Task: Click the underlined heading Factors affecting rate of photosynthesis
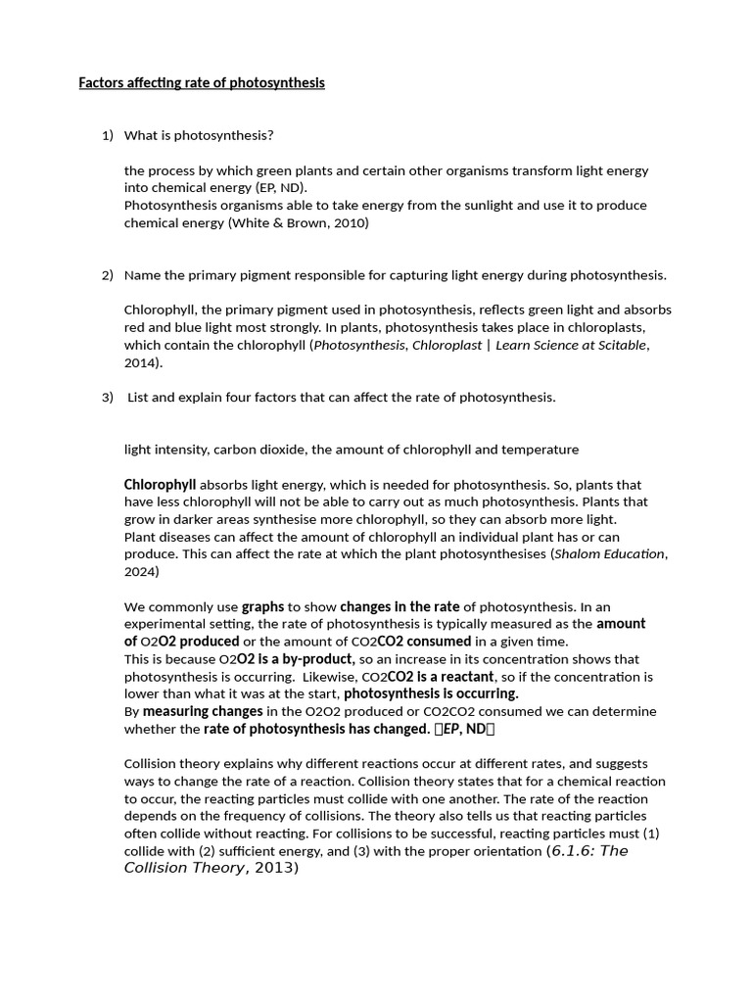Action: pos(201,83)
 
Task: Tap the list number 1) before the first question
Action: pos(108,135)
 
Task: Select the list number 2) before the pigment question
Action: pos(108,275)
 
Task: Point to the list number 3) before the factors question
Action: pos(108,398)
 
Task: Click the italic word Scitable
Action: pos(619,345)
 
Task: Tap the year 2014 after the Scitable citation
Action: pos(140,362)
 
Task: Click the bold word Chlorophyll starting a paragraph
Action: pos(160,485)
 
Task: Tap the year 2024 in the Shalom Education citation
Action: pos(140,572)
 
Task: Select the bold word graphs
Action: pos(262,607)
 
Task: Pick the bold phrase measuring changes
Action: pos(203,712)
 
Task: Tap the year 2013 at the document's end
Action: pos(275,869)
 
